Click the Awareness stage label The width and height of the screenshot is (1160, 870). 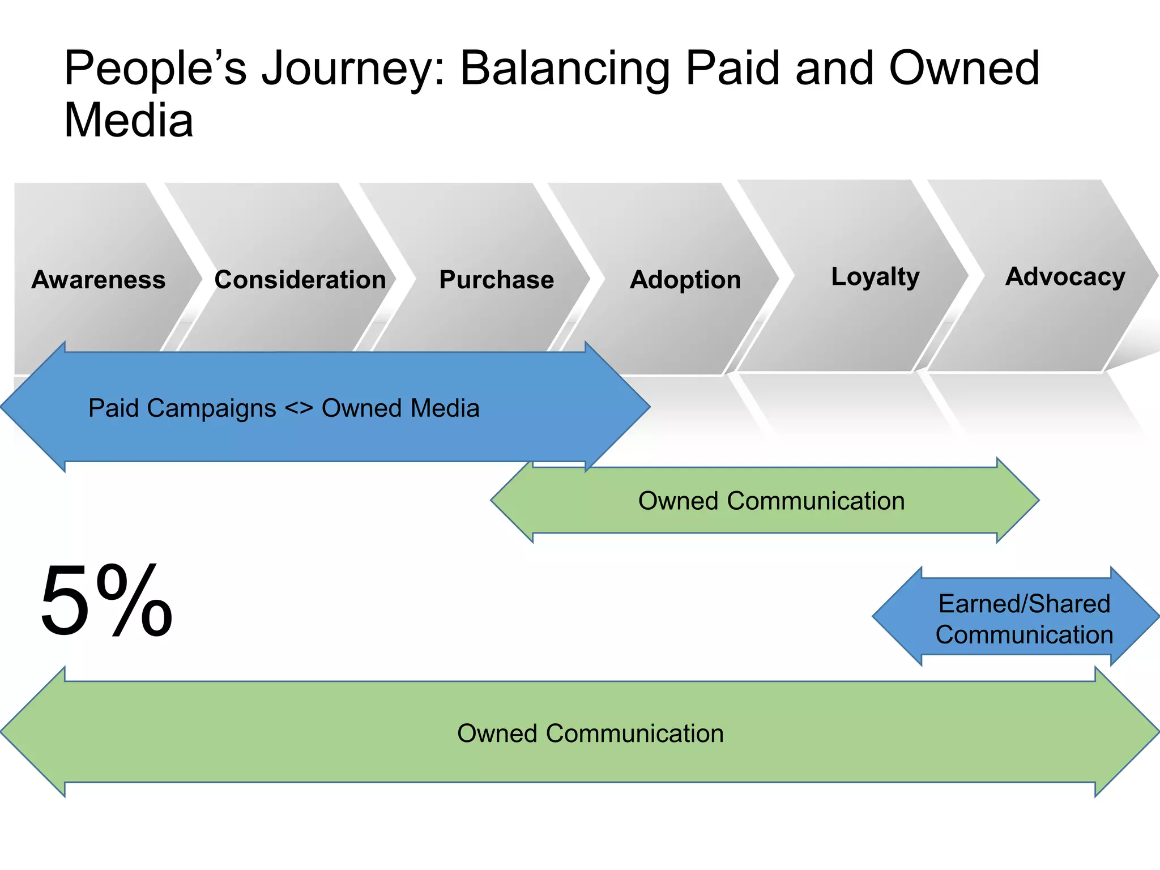(x=99, y=280)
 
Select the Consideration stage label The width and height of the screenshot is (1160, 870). (x=300, y=280)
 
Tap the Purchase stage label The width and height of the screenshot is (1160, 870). (x=497, y=280)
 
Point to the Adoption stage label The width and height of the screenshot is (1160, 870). (x=685, y=280)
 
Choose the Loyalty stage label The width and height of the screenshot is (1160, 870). (x=875, y=277)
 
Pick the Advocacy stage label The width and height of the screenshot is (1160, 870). (x=1065, y=277)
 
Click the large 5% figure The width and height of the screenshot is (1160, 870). (x=106, y=600)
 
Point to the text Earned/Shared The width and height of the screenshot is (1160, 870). (x=1024, y=604)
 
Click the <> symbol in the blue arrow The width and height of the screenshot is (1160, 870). (x=298, y=408)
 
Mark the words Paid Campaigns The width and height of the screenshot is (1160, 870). (x=182, y=408)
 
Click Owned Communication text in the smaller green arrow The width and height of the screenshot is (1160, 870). (x=771, y=501)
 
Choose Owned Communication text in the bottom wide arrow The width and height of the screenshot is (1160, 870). (x=590, y=733)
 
